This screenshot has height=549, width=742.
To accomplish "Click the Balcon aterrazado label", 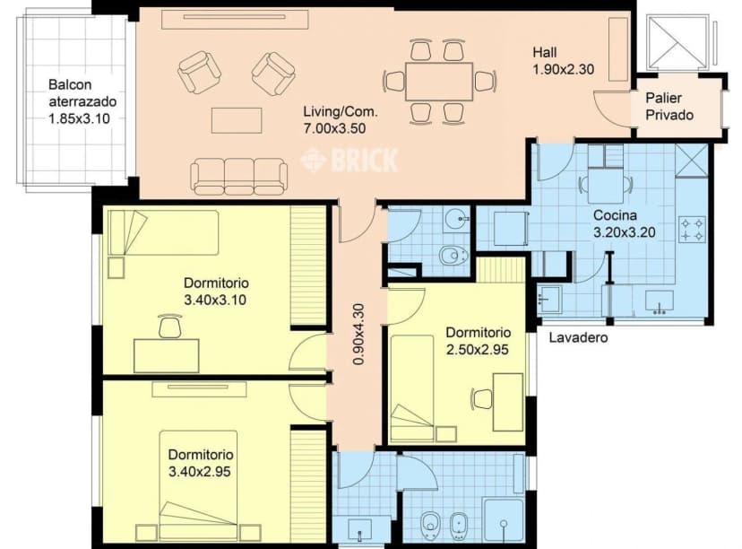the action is point(82,101).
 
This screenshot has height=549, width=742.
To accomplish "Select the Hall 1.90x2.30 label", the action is point(563,61).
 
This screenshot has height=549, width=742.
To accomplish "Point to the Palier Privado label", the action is point(669,107).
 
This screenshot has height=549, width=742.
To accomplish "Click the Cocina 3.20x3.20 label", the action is point(625,223).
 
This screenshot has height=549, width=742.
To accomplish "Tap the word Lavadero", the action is point(578,337).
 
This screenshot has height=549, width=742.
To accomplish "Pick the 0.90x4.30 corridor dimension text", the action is point(358,334).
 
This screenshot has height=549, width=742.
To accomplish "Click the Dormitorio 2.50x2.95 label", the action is point(478,341).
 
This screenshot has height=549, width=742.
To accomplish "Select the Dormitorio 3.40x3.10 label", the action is point(216,292).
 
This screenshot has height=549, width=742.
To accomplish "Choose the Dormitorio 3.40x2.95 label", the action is point(201,463).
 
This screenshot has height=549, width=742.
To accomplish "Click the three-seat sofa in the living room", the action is point(238,176).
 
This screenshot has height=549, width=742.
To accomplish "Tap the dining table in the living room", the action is point(439,81).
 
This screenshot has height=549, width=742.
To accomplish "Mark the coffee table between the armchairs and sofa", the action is point(237,120).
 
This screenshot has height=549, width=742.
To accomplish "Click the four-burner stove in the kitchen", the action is point(692,230).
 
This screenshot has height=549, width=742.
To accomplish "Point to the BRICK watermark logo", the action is point(350,160).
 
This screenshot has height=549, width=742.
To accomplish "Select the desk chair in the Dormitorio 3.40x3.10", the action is point(170,326).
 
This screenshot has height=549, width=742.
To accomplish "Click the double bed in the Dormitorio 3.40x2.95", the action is point(198,485).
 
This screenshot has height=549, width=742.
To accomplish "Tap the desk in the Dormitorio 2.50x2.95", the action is point(508,402).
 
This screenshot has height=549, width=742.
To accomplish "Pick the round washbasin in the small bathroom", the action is point(457,219).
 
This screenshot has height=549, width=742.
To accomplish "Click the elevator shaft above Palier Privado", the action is point(677,43).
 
